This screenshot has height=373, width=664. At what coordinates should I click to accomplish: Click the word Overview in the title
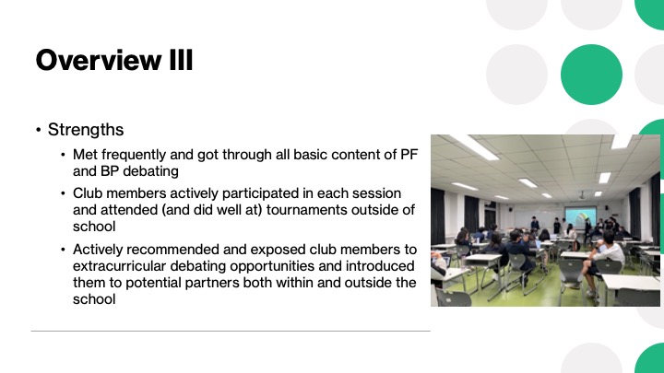99,60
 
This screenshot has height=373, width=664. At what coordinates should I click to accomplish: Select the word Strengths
86,130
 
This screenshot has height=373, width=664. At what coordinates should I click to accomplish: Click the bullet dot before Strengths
39,130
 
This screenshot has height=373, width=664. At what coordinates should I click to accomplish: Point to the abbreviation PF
409,155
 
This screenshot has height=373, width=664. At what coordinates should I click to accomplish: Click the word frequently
134,156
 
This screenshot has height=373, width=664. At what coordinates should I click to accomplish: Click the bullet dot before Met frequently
63,155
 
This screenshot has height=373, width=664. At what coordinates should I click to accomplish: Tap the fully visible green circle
591,75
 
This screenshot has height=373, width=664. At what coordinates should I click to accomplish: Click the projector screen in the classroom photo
581,216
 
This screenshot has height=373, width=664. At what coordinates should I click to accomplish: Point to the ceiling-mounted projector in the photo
583,196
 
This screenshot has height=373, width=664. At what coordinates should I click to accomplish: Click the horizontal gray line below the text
231,332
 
